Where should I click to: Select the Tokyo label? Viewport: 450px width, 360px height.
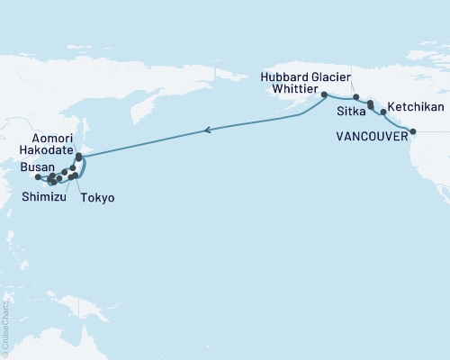click(x=96, y=197)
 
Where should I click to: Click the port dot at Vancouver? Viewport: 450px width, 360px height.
click(x=413, y=132)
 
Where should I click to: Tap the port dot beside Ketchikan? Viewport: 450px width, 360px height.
click(x=383, y=112)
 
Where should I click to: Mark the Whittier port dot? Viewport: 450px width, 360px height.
click(x=324, y=93)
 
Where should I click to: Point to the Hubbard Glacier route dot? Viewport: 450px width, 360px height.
click(x=356, y=97)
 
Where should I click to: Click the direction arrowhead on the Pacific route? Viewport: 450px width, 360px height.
click(x=209, y=131)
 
